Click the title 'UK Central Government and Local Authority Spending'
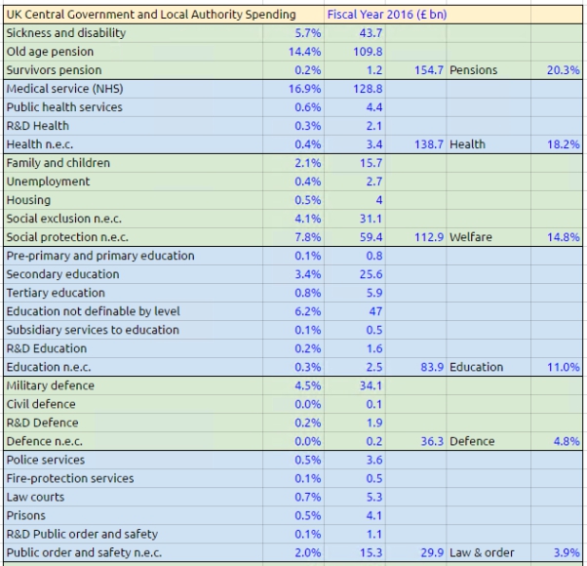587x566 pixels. point(151,15)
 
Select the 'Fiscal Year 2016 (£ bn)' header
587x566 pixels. point(387,15)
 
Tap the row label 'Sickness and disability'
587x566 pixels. point(66,33)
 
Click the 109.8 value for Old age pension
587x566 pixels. point(368,52)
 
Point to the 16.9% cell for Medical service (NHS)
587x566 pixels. point(305,89)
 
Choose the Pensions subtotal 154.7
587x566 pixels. point(429,70)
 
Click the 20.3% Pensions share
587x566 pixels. point(563,70)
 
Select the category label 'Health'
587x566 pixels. point(467,144)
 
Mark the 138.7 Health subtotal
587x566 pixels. point(429,144)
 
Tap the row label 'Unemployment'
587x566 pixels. point(49,182)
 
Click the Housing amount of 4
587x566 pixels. point(379,200)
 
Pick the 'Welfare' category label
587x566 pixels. point(471,237)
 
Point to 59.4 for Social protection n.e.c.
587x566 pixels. point(371,237)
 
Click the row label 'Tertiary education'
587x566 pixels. point(56,293)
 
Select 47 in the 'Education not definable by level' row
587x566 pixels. point(375,311)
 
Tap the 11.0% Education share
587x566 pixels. point(563,367)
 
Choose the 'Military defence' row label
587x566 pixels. point(51,385)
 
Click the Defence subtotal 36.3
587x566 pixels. point(432,441)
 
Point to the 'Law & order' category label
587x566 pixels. point(482,552)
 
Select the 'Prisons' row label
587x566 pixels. point(25,515)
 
